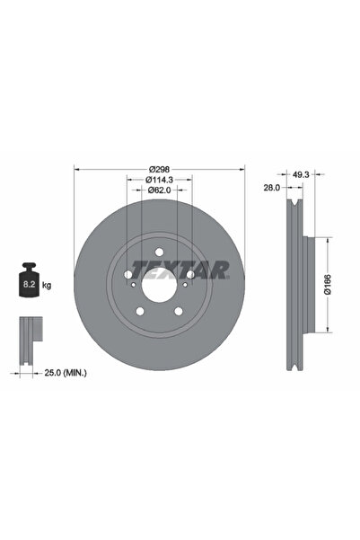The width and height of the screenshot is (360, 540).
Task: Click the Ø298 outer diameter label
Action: click(159, 169)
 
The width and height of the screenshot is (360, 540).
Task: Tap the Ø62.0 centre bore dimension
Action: click(159, 190)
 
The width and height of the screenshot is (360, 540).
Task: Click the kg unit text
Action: click(46, 285)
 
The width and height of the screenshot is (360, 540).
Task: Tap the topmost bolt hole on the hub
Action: click(159, 252)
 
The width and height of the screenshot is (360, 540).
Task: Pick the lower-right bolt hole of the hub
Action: click(180, 312)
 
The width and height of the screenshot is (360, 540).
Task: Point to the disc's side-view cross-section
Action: click(297, 288)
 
